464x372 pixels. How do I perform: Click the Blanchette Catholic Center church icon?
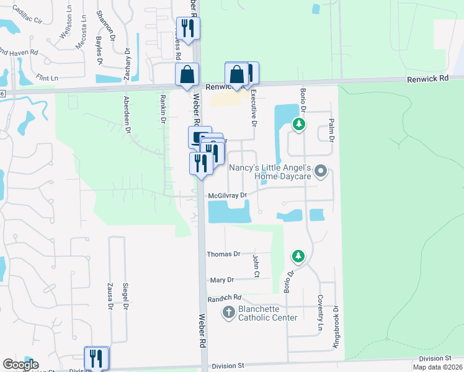[228, 312]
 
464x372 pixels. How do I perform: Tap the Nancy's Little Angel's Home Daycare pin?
[320, 170]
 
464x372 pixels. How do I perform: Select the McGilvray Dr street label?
[228, 195]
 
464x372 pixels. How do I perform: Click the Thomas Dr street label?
[223, 254]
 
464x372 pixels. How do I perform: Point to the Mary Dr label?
[221, 280]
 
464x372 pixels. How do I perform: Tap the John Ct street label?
[255, 265]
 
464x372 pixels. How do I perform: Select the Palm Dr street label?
[331, 131]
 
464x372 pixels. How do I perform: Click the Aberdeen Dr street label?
[127, 115]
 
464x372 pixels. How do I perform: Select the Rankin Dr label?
[163, 106]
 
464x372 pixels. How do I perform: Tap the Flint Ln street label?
[47, 78]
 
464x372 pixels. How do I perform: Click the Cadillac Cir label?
[26, 18]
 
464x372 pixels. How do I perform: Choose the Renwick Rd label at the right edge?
[427, 79]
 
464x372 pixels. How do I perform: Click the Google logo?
[20, 365]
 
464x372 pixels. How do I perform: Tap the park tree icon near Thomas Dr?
[298, 255]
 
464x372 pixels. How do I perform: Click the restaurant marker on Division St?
[97, 358]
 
